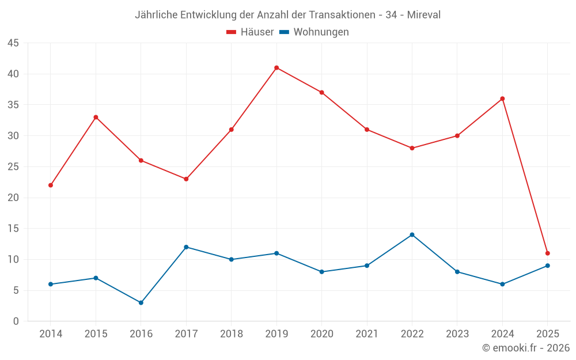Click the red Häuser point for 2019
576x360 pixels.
point(276,67)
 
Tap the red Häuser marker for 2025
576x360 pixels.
point(547,253)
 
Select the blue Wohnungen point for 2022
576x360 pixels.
point(412,234)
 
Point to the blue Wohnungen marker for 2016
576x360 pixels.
point(141,302)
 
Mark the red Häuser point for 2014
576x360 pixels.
point(51,185)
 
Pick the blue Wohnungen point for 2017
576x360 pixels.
point(186,247)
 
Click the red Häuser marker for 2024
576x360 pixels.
point(502,98)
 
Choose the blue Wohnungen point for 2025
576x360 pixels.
point(547,266)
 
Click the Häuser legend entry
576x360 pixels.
point(250,32)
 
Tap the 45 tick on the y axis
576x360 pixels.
point(13,43)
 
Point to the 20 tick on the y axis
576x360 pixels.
point(13,198)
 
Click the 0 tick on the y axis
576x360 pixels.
point(16,321)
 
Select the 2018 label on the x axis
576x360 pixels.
point(231,334)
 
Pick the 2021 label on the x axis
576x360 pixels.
point(367,334)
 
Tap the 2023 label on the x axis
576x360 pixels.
point(457,334)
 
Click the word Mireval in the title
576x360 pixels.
point(423,15)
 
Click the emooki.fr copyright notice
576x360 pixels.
point(525,348)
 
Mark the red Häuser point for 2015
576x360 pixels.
point(96,117)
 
